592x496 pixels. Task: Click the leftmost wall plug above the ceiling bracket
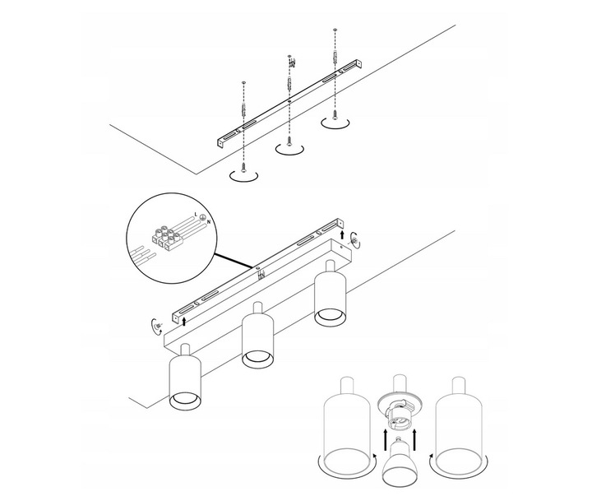point(244,109)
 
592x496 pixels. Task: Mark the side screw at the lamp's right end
point(354,239)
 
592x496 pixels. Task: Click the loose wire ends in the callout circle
point(141,254)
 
